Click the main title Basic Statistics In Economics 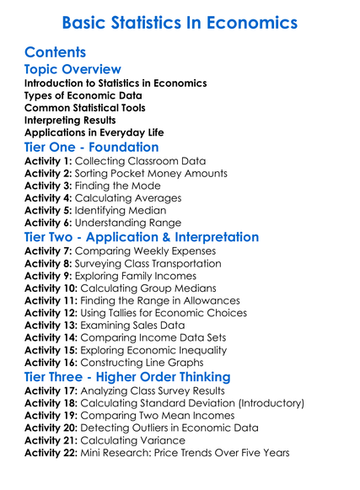coord(180,21)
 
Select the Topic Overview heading coord(73,69)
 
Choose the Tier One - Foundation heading coord(91,147)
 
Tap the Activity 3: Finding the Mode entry coord(101,186)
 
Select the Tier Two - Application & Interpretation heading coord(142,237)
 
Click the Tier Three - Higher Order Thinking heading coord(126,376)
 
